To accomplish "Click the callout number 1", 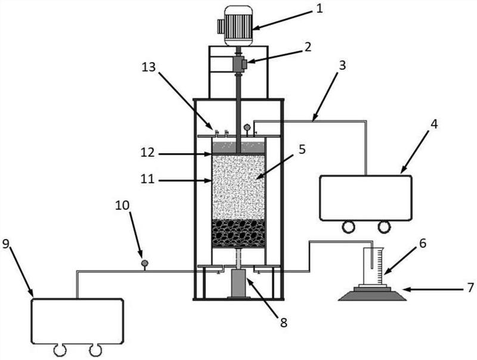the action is coord(319,8).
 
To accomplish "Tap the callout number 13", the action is coord(148,67).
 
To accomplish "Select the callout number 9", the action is coord(6,244).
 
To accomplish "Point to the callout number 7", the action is coord(470,287).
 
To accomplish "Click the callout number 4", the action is coord(435,124).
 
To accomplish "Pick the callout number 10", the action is coord(122,206).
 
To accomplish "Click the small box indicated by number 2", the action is coord(240,64).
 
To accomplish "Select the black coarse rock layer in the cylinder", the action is coord(238,233).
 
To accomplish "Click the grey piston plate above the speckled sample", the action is coord(238,148).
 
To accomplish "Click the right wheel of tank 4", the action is coord(385,226).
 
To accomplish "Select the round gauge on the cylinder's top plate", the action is coord(246,128).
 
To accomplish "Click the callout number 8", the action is coord(284,323).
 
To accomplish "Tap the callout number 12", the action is coord(148,153).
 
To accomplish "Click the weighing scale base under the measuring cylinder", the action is coord(372,294).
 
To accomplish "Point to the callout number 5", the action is coord(302,150).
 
